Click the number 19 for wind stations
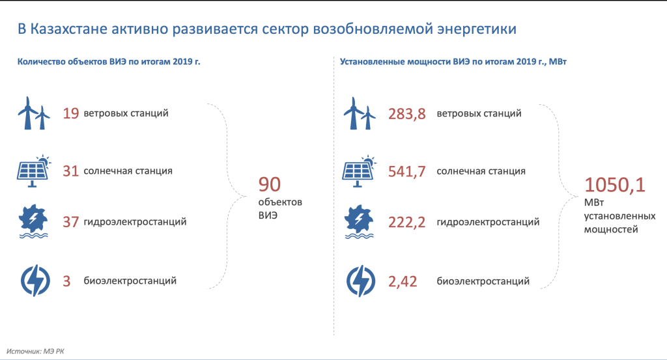(71, 113)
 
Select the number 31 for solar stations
(71, 171)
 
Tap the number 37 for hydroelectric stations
(71, 222)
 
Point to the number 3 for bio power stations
(67, 281)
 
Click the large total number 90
(270, 184)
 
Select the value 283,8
(406, 114)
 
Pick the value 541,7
(406, 171)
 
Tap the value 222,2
(406, 222)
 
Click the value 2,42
(403, 281)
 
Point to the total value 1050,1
(615, 185)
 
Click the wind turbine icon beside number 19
(34, 113)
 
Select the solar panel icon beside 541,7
(359, 171)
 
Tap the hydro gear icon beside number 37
(33, 222)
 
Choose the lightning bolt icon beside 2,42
(361, 281)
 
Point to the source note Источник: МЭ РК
(35, 352)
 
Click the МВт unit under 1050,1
(594, 202)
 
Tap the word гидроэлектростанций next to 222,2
(488, 222)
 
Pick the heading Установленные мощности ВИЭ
(404, 62)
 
